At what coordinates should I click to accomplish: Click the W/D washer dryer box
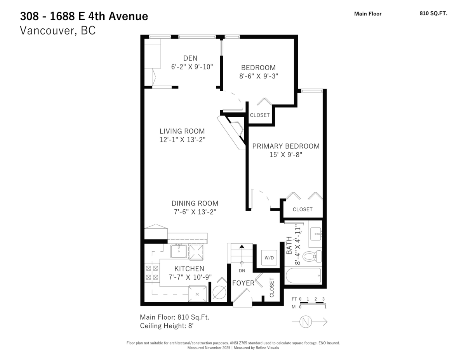coord(269,257)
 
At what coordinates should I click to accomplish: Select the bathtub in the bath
coord(303,276)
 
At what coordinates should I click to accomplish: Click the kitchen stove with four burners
coord(152,273)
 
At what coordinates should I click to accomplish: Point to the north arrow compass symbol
coord(307,322)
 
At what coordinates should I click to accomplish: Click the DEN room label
coord(190,58)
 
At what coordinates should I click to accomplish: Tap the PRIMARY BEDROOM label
coord(286,146)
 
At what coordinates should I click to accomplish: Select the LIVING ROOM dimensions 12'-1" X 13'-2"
coord(182,139)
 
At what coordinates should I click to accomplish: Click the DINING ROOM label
coord(195,203)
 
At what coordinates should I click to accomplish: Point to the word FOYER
coord(243,283)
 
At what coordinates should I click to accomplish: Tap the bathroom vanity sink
coord(316,233)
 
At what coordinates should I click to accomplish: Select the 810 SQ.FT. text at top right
coord(433,13)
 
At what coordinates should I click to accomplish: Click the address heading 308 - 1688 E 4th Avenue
coord(84,16)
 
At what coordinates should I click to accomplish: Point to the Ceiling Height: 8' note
coord(167,326)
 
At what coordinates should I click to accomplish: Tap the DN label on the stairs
coord(242,270)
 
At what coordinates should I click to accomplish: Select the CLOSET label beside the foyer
coord(272,287)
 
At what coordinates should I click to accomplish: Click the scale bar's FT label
coord(294,299)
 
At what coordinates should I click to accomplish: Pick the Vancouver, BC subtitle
coord(57,31)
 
